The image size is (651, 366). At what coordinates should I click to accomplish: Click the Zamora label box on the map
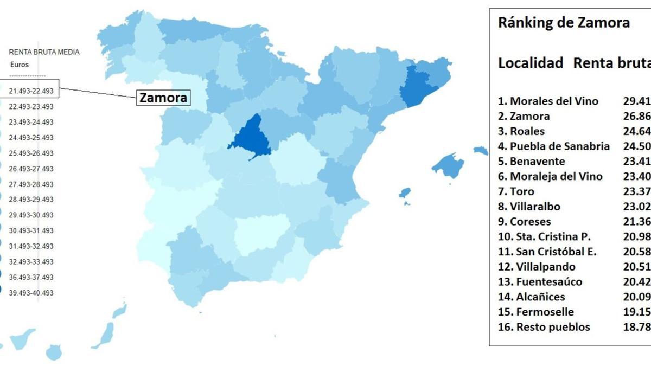pos(163,98)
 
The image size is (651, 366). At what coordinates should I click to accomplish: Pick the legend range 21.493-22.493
pos(31,91)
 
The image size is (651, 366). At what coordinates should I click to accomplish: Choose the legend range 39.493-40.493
pos(31,293)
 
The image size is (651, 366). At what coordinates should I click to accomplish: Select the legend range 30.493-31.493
pos(31,230)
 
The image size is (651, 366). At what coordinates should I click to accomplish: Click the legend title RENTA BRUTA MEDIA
pos(44,52)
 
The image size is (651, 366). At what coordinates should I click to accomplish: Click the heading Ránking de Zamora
pos(564,23)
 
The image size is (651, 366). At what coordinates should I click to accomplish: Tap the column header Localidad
pos(530,63)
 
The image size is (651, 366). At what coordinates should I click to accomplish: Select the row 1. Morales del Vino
pos(548,101)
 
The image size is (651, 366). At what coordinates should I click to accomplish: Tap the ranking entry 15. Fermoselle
pos(535,312)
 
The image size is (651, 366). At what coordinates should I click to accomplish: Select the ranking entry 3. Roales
pos(521,131)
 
